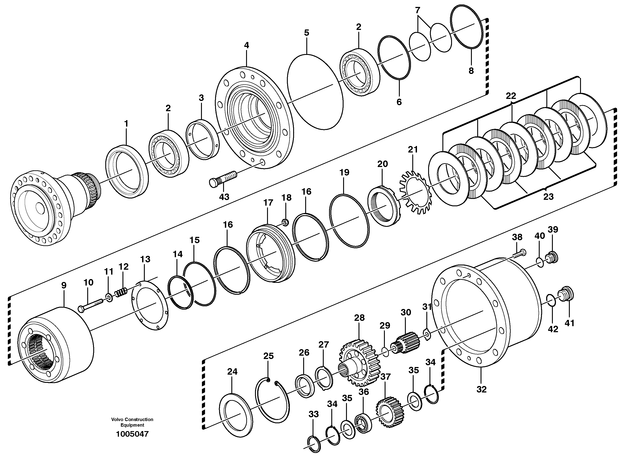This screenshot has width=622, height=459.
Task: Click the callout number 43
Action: coord(224,197)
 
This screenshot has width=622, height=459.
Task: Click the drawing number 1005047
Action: coord(133,434)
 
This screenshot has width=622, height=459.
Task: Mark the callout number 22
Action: coord(511,96)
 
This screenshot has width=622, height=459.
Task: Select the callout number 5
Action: coord(306,33)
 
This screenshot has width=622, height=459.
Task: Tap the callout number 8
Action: coord(471,71)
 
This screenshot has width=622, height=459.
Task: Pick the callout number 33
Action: coord(313,414)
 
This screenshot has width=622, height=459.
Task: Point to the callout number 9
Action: coord(64,285)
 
